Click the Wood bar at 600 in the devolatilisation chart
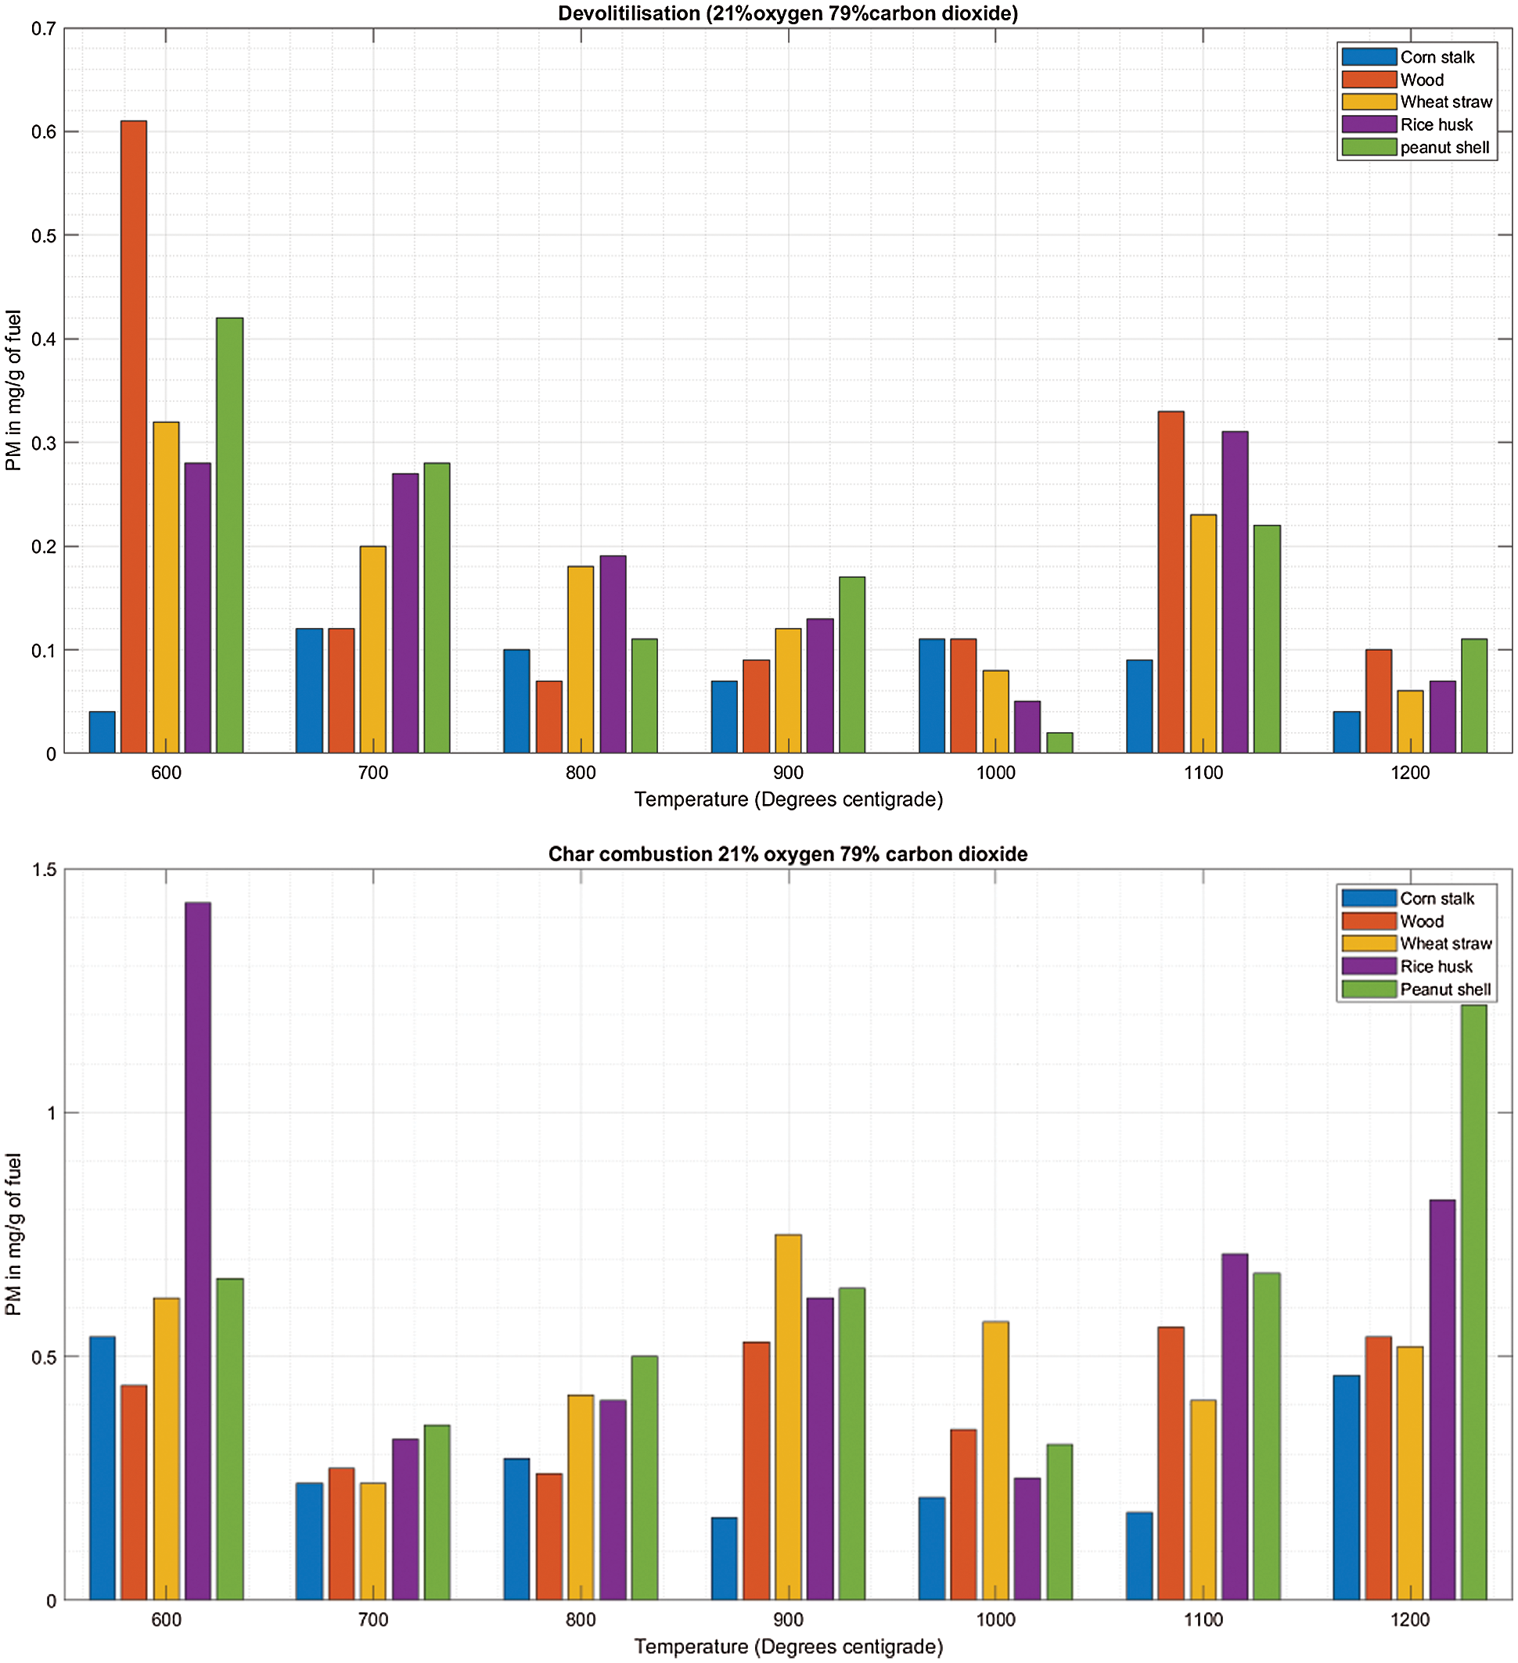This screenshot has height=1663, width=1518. (x=134, y=437)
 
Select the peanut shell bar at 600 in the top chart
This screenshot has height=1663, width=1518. (x=229, y=536)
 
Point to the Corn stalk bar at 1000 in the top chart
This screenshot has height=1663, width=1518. (x=932, y=696)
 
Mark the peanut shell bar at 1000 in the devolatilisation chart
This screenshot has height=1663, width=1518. (x=1059, y=743)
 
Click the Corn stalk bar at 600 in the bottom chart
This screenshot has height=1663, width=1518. (x=103, y=1468)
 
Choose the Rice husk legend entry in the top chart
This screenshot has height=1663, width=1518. (x=1437, y=124)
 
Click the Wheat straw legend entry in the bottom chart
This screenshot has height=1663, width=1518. (x=1445, y=943)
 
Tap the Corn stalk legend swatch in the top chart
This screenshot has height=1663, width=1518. (x=1369, y=57)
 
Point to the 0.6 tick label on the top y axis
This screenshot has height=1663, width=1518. (x=44, y=132)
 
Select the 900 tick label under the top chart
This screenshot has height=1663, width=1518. (x=789, y=773)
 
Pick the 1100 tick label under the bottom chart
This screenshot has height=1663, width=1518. (x=1203, y=1620)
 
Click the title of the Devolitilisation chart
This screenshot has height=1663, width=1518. (x=788, y=13)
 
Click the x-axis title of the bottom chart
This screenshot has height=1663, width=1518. (x=788, y=1647)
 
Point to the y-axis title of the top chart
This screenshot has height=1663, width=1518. (x=13, y=390)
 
